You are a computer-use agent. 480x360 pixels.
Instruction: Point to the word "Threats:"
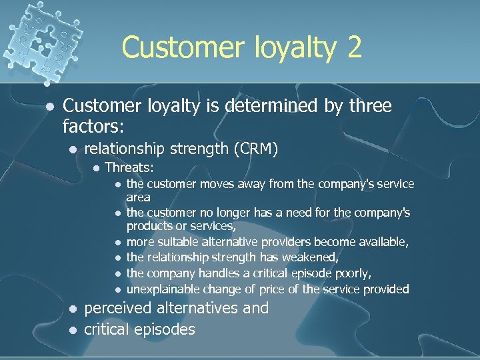130,167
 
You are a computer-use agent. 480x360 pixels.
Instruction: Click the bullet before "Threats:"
96,167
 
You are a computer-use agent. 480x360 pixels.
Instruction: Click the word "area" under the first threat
139,197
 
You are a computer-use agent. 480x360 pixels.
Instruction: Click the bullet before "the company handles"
117,273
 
